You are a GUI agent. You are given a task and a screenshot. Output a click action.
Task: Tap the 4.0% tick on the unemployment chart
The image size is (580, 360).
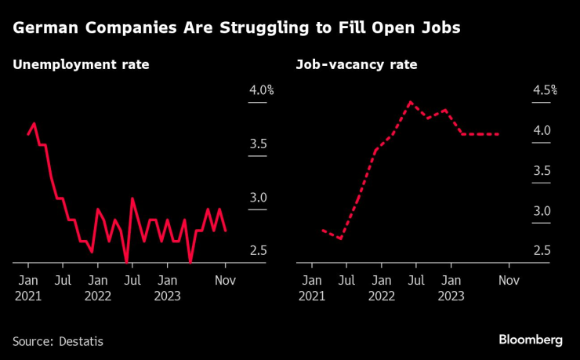tap(261, 90)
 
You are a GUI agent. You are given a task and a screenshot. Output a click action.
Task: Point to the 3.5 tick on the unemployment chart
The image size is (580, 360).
tap(259, 144)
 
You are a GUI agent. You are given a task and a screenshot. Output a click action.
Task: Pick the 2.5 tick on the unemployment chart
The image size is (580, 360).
tap(259, 251)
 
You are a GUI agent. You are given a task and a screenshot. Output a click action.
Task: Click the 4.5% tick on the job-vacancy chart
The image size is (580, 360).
tap(544, 90)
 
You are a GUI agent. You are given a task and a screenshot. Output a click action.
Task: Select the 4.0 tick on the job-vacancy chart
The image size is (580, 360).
tap(542, 131)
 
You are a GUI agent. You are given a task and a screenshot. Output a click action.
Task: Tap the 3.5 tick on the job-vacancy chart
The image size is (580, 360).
tap(542, 171)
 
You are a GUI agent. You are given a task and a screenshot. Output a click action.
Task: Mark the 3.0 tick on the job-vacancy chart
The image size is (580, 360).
tap(542, 211)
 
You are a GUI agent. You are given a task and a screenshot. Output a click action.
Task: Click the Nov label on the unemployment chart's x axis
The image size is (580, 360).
tap(226, 279)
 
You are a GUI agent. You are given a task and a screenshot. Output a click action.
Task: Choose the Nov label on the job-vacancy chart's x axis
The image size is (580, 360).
tap(509, 279)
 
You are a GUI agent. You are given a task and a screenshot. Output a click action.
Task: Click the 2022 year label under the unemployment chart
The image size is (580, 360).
tap(98, 296)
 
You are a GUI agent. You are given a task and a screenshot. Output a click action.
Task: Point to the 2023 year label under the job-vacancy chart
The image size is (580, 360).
tap(451, 296)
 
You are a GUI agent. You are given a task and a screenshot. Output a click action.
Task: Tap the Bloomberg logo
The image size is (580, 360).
tap(531, 340)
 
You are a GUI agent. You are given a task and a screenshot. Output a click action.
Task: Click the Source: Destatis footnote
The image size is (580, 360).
tap(58, 341)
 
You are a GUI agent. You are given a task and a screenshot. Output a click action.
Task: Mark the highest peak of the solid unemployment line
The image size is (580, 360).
tap(34, 123)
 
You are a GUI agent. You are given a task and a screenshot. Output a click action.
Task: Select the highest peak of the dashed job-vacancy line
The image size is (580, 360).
tap(410, 102)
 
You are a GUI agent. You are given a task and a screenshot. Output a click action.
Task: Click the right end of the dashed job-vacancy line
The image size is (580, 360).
tap(499, 134)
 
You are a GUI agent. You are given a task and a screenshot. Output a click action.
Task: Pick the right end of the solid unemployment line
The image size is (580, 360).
tap(226, 231)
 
